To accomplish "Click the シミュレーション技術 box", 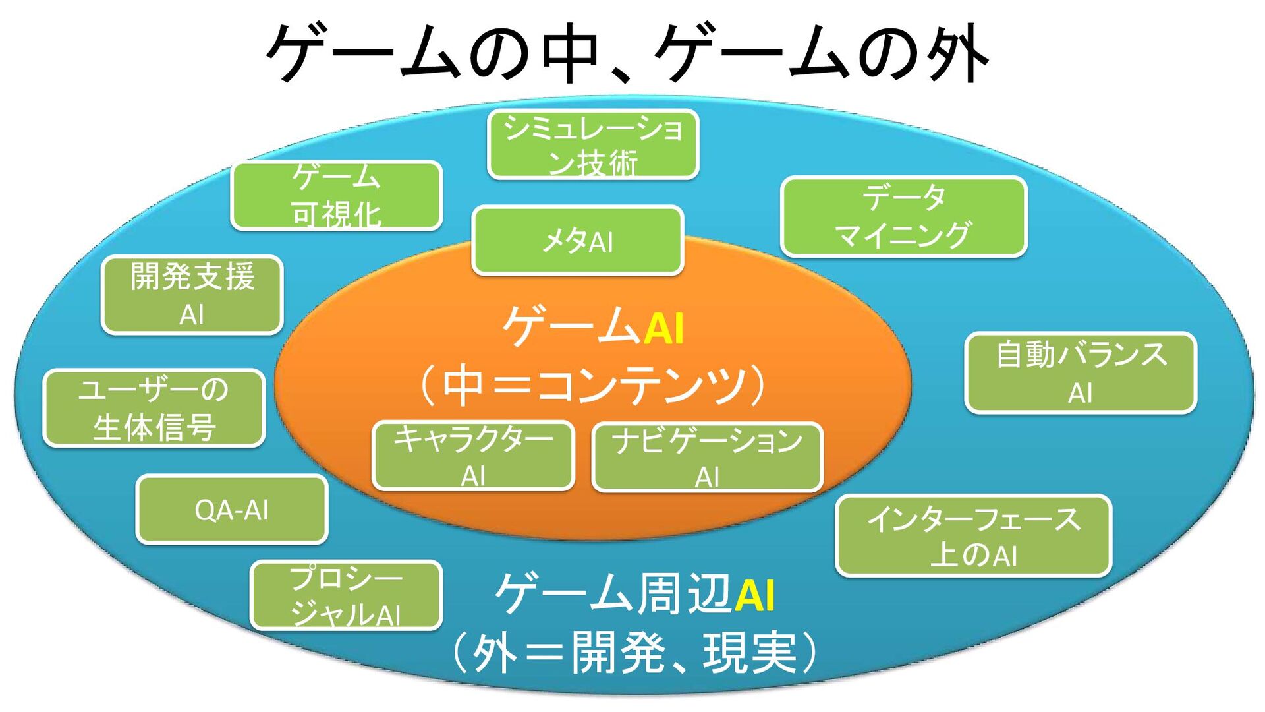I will tap(593, 144).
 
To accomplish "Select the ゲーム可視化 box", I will tap(336, 195).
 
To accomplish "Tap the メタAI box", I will tap(578, 240).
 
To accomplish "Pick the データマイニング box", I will tap(903, 216).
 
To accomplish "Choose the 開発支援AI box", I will tap(192, 295).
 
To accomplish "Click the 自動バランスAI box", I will tap(1081, 373).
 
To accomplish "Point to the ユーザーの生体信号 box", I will tap(154, 408).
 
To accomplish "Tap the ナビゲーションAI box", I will tap(707, 457).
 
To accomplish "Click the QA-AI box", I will tap(232, 510).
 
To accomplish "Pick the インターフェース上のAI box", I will tap(973, 536).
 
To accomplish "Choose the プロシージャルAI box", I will tap(346, 595).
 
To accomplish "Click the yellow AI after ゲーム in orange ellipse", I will tap(663, 328).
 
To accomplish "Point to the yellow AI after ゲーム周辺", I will tap(754, 595).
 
